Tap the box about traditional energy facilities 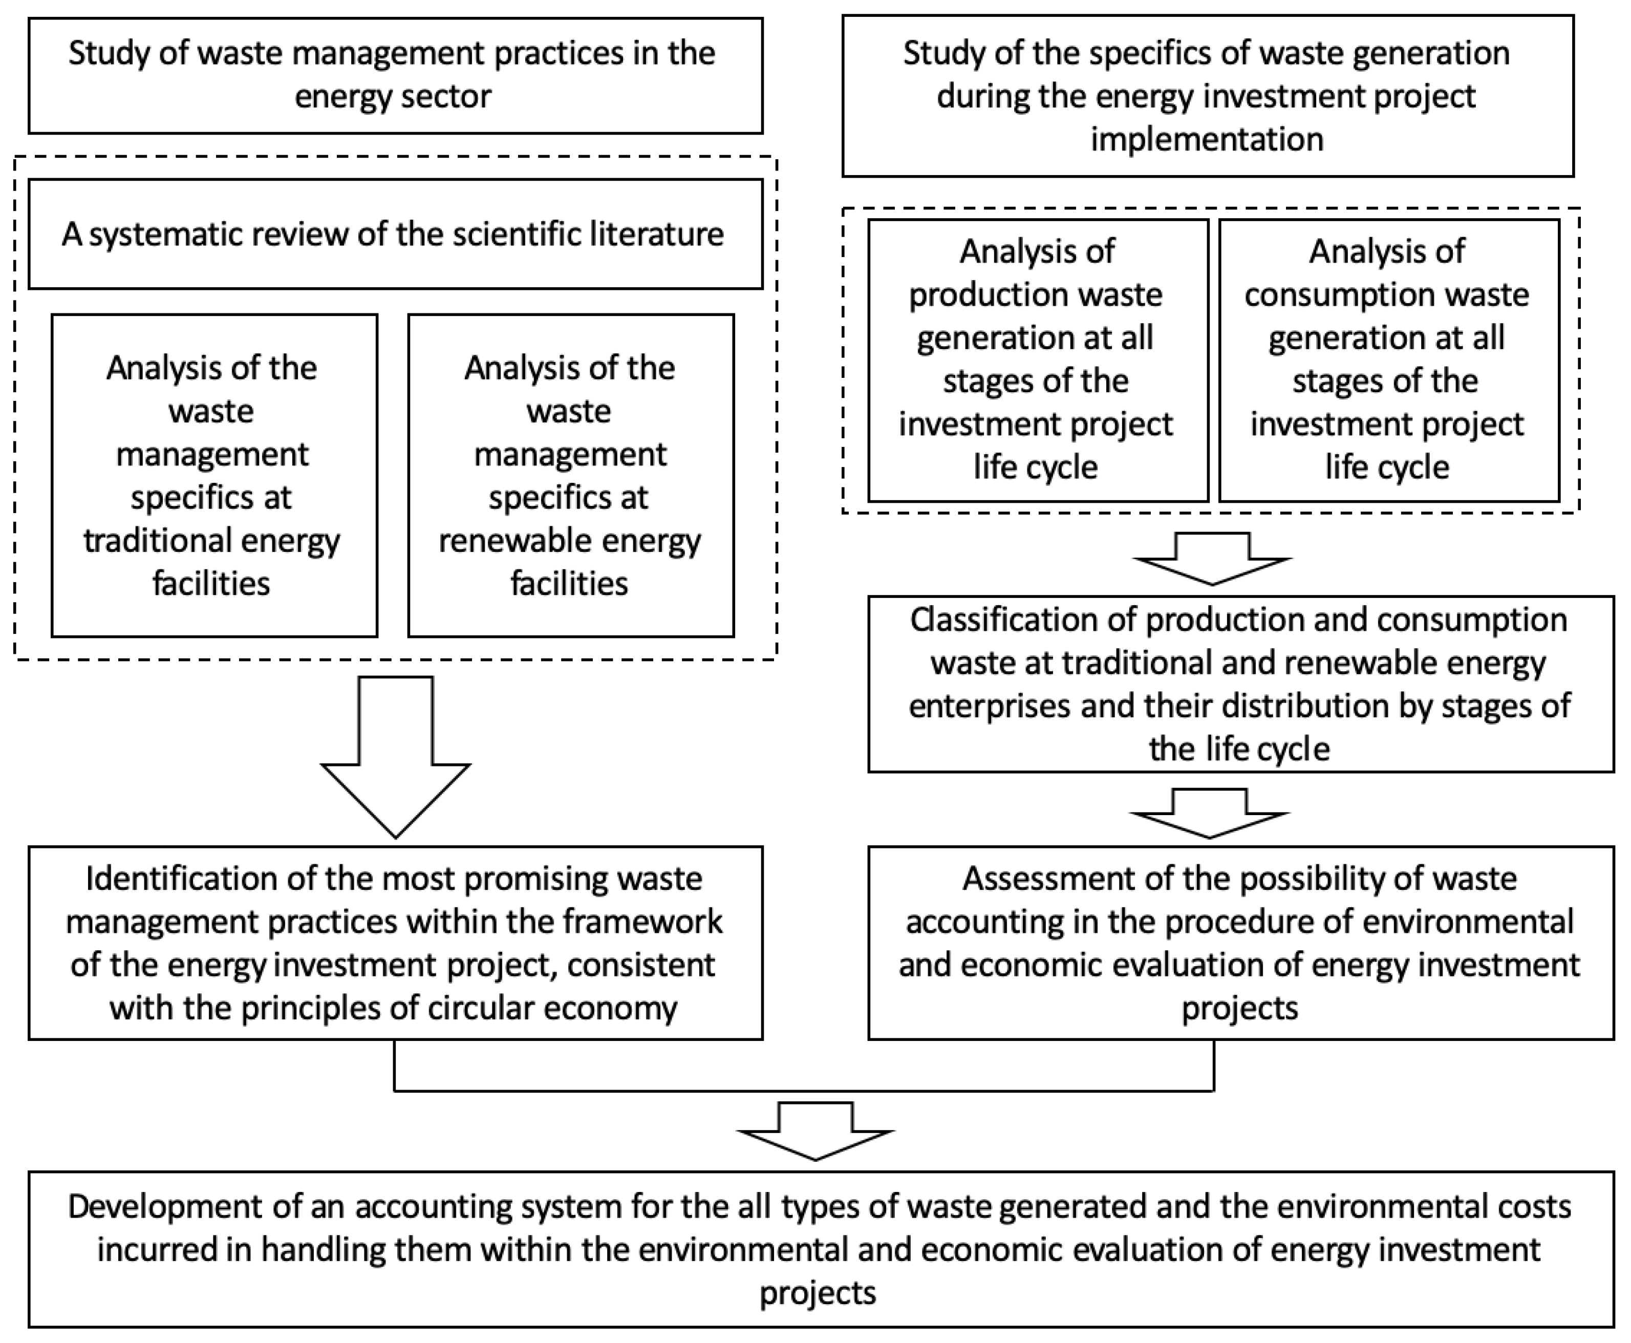tap(214, 475)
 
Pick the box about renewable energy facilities tap(571, 475)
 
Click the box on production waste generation tap(1037, 360)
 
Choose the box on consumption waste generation tap(1389, 360)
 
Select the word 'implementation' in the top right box tap(1207, 140)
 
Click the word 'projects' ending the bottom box tap(818, 1293)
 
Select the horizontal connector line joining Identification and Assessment tap(804, 1090)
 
